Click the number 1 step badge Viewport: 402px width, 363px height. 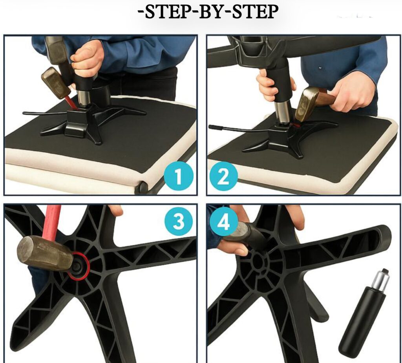click(178, 177)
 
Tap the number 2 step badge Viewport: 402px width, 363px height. click(224, 177)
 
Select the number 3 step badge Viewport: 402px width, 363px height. click(178, 221)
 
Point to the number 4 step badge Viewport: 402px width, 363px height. click(224, 221)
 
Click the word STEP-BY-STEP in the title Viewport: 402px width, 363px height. click(208, 12)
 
